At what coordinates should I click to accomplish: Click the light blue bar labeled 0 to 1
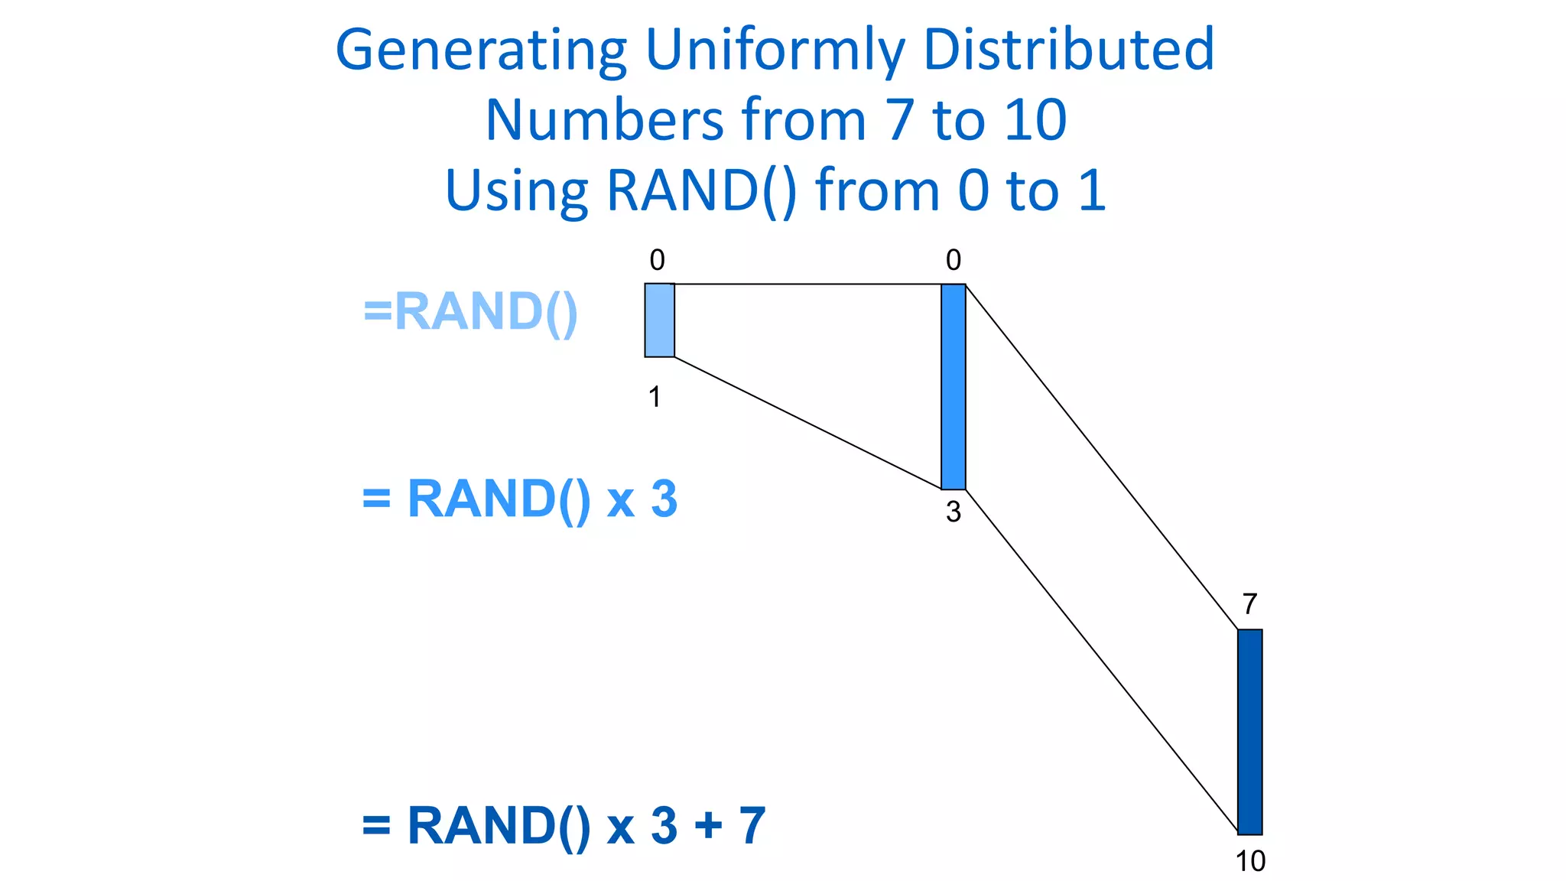(659, 320)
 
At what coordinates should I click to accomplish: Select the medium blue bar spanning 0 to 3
(953, 387)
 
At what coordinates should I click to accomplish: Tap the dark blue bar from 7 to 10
(1249, 732)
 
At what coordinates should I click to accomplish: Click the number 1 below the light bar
(655, 397)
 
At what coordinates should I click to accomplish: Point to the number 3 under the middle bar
(953, 512)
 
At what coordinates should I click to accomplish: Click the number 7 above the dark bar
(1249, 604)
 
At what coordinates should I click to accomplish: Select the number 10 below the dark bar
(1250, 862)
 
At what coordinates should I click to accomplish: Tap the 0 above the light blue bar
(657, 261)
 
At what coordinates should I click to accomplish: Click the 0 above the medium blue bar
(953, 261)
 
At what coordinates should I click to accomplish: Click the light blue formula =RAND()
(469, 312)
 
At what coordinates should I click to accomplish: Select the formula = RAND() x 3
(519, 499)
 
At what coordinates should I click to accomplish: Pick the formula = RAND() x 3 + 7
(563, 826)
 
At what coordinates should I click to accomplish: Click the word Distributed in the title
(1068, 49)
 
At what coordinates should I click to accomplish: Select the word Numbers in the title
(604, 120)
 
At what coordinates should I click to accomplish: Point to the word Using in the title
(516, 191)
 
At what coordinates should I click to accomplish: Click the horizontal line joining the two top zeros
(807, 284)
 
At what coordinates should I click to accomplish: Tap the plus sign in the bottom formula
(708, 826)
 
